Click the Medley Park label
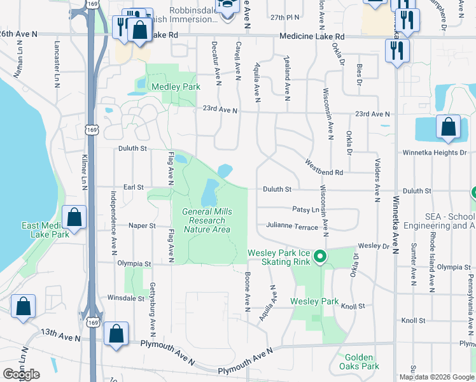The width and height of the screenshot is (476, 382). pos(176,87)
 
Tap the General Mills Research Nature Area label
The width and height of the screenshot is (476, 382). pos(207,220)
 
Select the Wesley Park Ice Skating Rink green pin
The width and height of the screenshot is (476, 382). pos(319,257)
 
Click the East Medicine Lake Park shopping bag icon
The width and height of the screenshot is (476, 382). pos(75,216)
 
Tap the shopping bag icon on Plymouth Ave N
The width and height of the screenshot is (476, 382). pos(116,333)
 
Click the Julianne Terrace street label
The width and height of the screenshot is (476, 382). pos(292,227)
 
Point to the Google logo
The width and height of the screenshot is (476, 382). pos(21,374)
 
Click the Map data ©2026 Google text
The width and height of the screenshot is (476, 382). pos(437,377)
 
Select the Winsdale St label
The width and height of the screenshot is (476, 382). pos(126,297)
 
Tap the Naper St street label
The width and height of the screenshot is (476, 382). pos(143,225)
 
